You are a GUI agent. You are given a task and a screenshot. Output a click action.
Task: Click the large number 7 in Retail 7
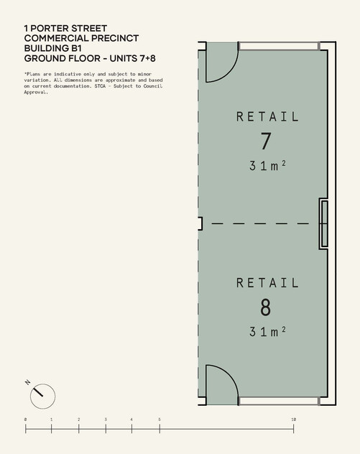tap(266, 141)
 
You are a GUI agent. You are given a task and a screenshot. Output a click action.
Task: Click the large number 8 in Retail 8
tap(266, 307)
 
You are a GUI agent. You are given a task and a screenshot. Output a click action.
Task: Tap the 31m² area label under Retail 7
tap(267, 166)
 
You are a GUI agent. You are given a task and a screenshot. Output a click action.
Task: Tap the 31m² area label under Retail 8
tap(267, 332)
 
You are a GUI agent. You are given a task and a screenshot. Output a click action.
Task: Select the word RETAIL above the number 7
tap(267, 116)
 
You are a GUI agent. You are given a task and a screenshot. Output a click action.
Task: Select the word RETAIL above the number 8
tap(267, 283)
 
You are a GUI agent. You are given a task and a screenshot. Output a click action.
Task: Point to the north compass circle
tap(42, 396)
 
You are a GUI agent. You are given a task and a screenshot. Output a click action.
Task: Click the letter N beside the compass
tap(28, 382)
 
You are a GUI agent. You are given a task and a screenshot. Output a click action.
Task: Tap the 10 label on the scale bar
tap(294, 420)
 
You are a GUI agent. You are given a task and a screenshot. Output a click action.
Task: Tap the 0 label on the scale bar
tap(25, 420)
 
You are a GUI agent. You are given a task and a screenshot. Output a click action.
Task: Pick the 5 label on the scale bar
tap(160, 420)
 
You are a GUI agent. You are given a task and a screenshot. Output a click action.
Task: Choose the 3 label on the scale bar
tap(106, 420)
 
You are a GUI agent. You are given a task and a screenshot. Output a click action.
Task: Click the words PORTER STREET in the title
tap(69, 29)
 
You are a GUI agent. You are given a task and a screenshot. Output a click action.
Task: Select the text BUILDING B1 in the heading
tap(53, 48)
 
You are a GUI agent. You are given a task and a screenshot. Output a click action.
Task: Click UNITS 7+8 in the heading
tap(133, 58)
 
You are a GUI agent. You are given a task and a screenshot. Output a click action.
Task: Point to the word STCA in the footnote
tap(100, 86)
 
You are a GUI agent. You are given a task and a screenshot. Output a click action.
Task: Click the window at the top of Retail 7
tap(280, 46)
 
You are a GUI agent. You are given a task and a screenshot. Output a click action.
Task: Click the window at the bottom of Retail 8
tap(280, 401)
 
